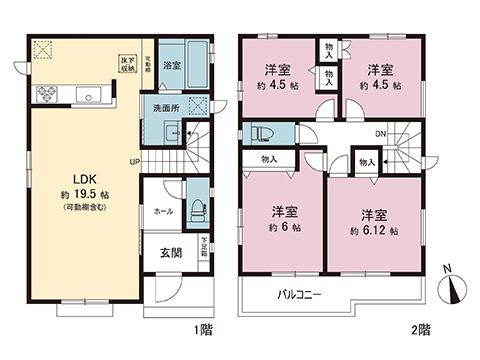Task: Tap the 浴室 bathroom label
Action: click(172, 66)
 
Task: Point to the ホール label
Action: click(163, 212)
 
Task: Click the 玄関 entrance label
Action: click(169, 253)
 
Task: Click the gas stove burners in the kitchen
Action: click(47, 96)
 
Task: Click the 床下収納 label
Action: click(129, 64)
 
